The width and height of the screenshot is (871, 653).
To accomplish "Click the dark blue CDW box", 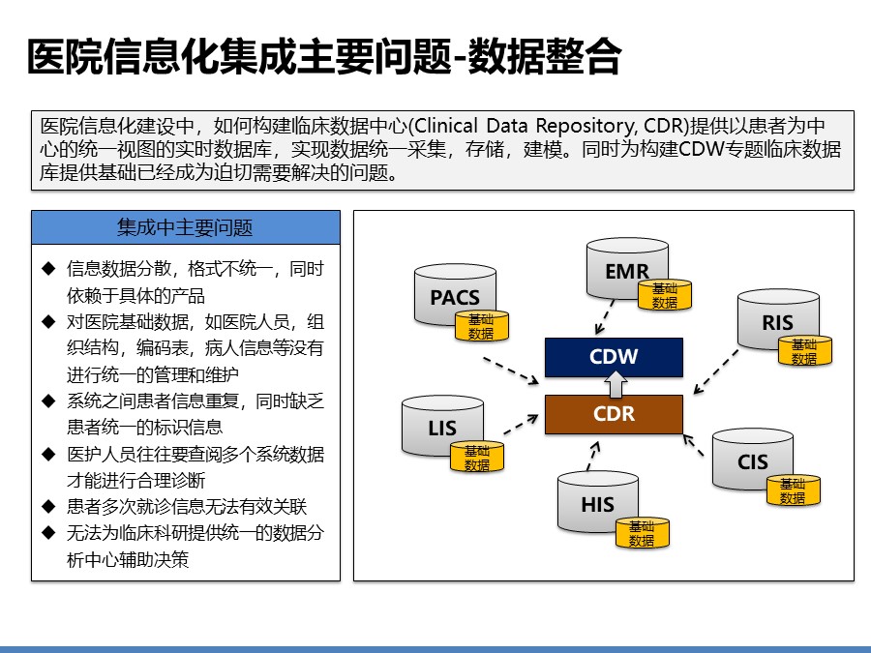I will point(614,356).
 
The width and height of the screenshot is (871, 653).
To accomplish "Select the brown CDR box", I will point(614,414).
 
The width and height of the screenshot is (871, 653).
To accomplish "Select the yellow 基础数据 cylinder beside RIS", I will point(804,351).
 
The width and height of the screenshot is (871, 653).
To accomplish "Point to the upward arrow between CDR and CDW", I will point(614,385).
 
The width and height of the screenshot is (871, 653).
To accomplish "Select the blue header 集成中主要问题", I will point(186,228).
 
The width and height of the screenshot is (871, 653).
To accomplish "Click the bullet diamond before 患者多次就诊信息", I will point(47,505).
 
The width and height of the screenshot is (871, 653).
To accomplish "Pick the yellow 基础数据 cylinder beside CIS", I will point(794,491).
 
